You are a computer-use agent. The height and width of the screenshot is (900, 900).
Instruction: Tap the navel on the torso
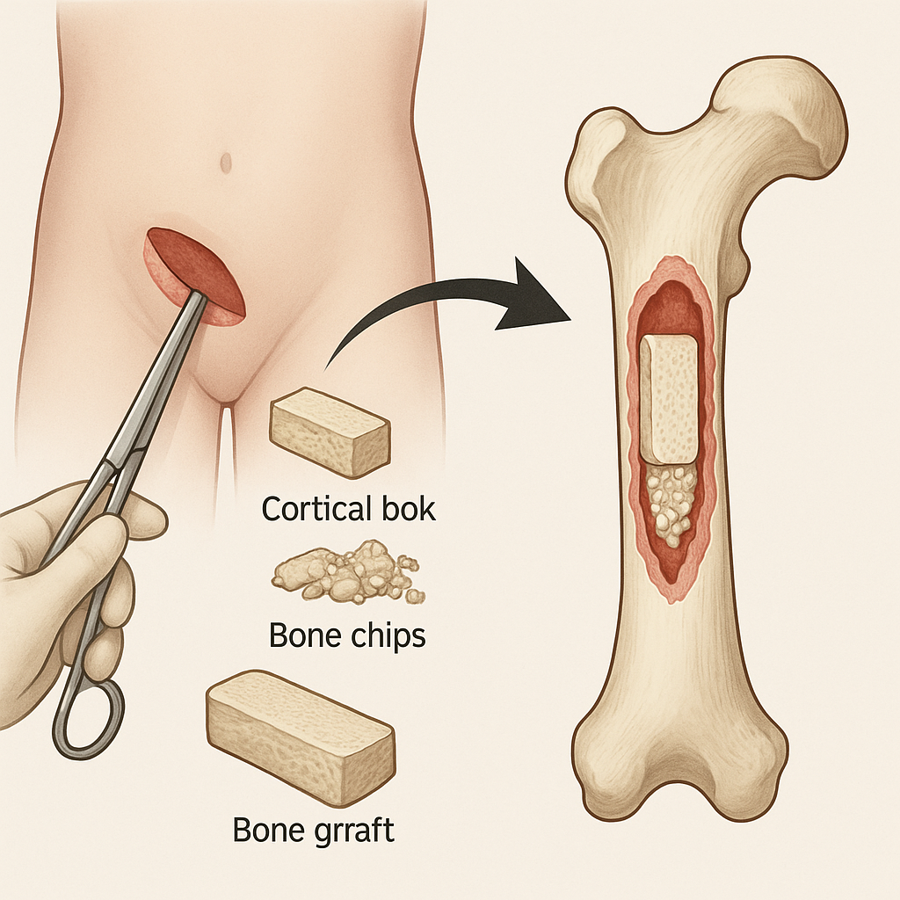point(226,163)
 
